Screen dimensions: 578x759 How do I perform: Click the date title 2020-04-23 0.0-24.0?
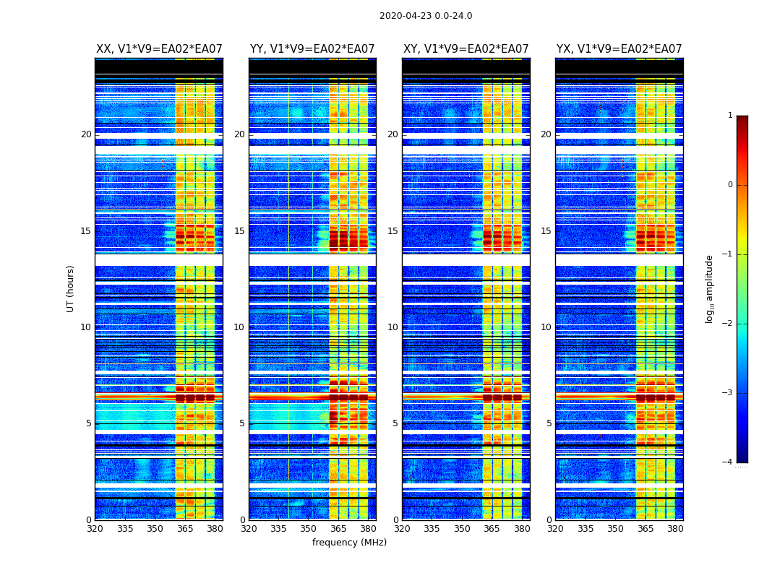pyautogui.click(x=426, y=16)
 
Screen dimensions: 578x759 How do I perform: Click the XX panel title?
pyautogui.click(x=159, y=49)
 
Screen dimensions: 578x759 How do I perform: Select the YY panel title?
pyautogui.click(x=312, y=49)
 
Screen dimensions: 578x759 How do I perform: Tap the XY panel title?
pyautogui.click(x=466, y=49)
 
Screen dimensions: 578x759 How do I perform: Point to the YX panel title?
pyautogui.click(x=619, y=49)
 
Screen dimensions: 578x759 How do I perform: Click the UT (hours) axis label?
pyautogui.click(x=71, y=288)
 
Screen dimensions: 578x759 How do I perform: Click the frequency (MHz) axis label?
pyautogui.click(x=349, y=543)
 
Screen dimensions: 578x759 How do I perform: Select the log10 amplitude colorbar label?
pyautogui.click(x=710, y=288)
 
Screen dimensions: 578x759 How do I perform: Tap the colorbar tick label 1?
pyautogui.click(x=729, y=116)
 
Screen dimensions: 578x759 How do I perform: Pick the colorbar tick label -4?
pyautogui.click(x=728, y=462)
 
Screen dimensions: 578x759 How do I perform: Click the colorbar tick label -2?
pyautogui.click(x=728, y=324)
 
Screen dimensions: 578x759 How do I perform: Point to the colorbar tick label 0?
pyautogui.click(x=729, y=185)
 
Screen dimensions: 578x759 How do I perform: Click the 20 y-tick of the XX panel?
pyautogui.click(x=86, y=134)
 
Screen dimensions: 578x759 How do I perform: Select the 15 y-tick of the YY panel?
pyautogui.click(x=239, y=231)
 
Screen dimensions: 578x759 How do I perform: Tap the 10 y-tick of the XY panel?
pyautogui.click(x=393, y=327)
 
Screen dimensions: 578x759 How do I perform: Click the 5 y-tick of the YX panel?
pyautogui.click(x=549, y=423)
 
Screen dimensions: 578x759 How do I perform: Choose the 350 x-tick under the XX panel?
pyautogui.click(x=155, y=529)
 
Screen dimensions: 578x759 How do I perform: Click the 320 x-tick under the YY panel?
pyautogui.click(x=249, y=529)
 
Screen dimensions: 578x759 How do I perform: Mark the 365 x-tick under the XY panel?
pyautogui.click(x=492, y=529)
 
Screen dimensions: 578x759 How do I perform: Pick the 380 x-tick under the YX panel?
pyautogui.click(x=675, y=529)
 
